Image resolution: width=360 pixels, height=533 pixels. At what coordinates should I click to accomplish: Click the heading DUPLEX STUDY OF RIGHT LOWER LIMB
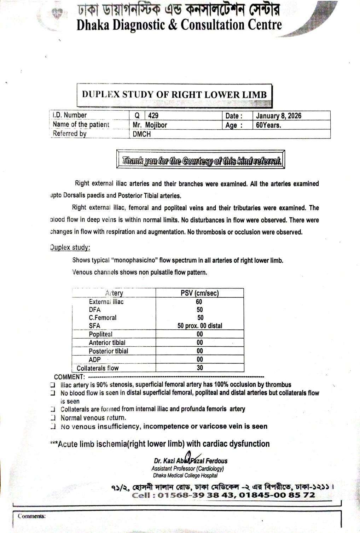(174, 94)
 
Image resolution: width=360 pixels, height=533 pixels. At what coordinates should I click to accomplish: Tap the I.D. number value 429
(153, 116)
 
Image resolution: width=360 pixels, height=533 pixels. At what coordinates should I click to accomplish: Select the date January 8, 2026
(278, 116)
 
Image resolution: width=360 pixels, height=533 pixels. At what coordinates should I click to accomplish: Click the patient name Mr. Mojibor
(150, 125)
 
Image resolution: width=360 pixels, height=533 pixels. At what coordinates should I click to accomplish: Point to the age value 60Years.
(268, 125)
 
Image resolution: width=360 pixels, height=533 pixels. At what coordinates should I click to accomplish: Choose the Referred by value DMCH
(141, 134)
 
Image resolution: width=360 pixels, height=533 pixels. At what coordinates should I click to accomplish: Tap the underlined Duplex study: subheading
(70, 247)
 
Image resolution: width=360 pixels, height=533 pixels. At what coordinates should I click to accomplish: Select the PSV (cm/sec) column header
(199, 293)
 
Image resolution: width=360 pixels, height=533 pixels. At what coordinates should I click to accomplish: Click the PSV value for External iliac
(199, 302)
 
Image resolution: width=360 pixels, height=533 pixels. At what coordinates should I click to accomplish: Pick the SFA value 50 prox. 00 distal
(200, 326)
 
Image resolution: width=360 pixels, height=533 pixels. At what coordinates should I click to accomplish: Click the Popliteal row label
(100, 334)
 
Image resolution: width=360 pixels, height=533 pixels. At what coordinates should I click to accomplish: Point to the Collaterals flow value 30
(200, 368)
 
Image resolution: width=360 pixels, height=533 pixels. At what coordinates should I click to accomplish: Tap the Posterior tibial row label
(108, 351)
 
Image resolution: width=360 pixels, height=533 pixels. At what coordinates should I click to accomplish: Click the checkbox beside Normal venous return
(53, 418)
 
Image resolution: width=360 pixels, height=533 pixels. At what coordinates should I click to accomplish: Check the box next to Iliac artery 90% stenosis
(53, 385)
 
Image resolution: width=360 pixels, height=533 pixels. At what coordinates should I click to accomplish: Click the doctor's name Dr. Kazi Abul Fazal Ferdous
(191, 461)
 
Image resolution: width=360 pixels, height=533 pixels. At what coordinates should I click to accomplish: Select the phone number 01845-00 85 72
(277, 495)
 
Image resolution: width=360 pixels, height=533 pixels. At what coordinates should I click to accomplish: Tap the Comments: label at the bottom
(32, 516)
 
